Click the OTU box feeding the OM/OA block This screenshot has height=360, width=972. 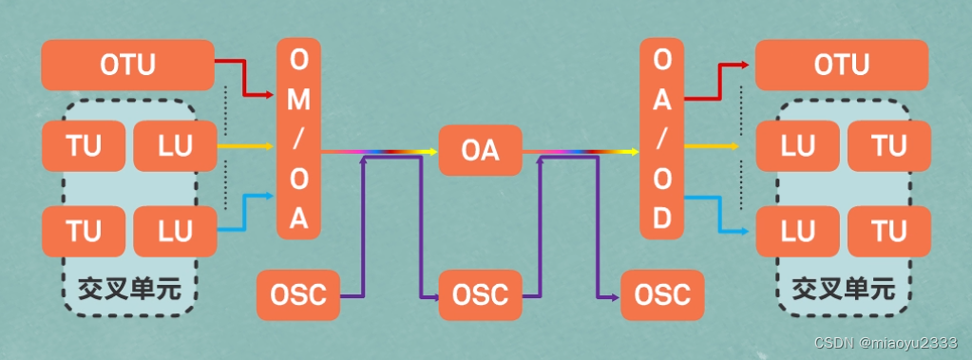(127, 65)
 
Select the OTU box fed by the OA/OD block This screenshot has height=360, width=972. (841, 65)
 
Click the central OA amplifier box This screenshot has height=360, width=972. (480, 150)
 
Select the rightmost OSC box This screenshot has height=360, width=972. (662, 294)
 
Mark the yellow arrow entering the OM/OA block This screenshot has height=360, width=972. (247, 147)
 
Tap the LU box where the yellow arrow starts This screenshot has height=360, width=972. (175, 147)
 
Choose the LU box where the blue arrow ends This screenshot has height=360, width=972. (796, 231)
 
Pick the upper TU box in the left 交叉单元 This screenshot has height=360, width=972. (85, 147)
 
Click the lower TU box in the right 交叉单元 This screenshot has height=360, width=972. (888, 231)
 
